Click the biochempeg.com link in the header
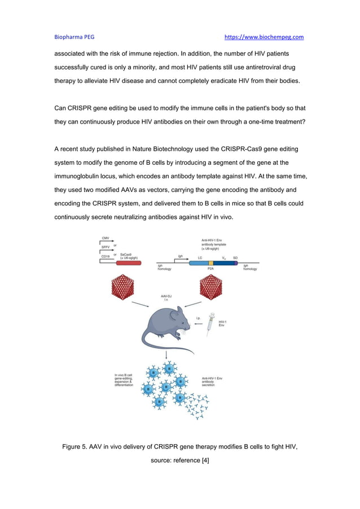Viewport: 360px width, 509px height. pyautogui.click(x=264, y=37)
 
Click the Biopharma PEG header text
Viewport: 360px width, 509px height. pyautogui.click(x=74, y=37)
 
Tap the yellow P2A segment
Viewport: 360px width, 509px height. pyautogui.click(x=211, y=263)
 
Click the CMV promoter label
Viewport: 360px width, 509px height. pyautogui.click(x=106, y=238)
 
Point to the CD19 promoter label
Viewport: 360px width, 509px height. pyautogui.click(x=106, y=256)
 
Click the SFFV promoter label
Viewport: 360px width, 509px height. pyautogui.click(x=106, y=247)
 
